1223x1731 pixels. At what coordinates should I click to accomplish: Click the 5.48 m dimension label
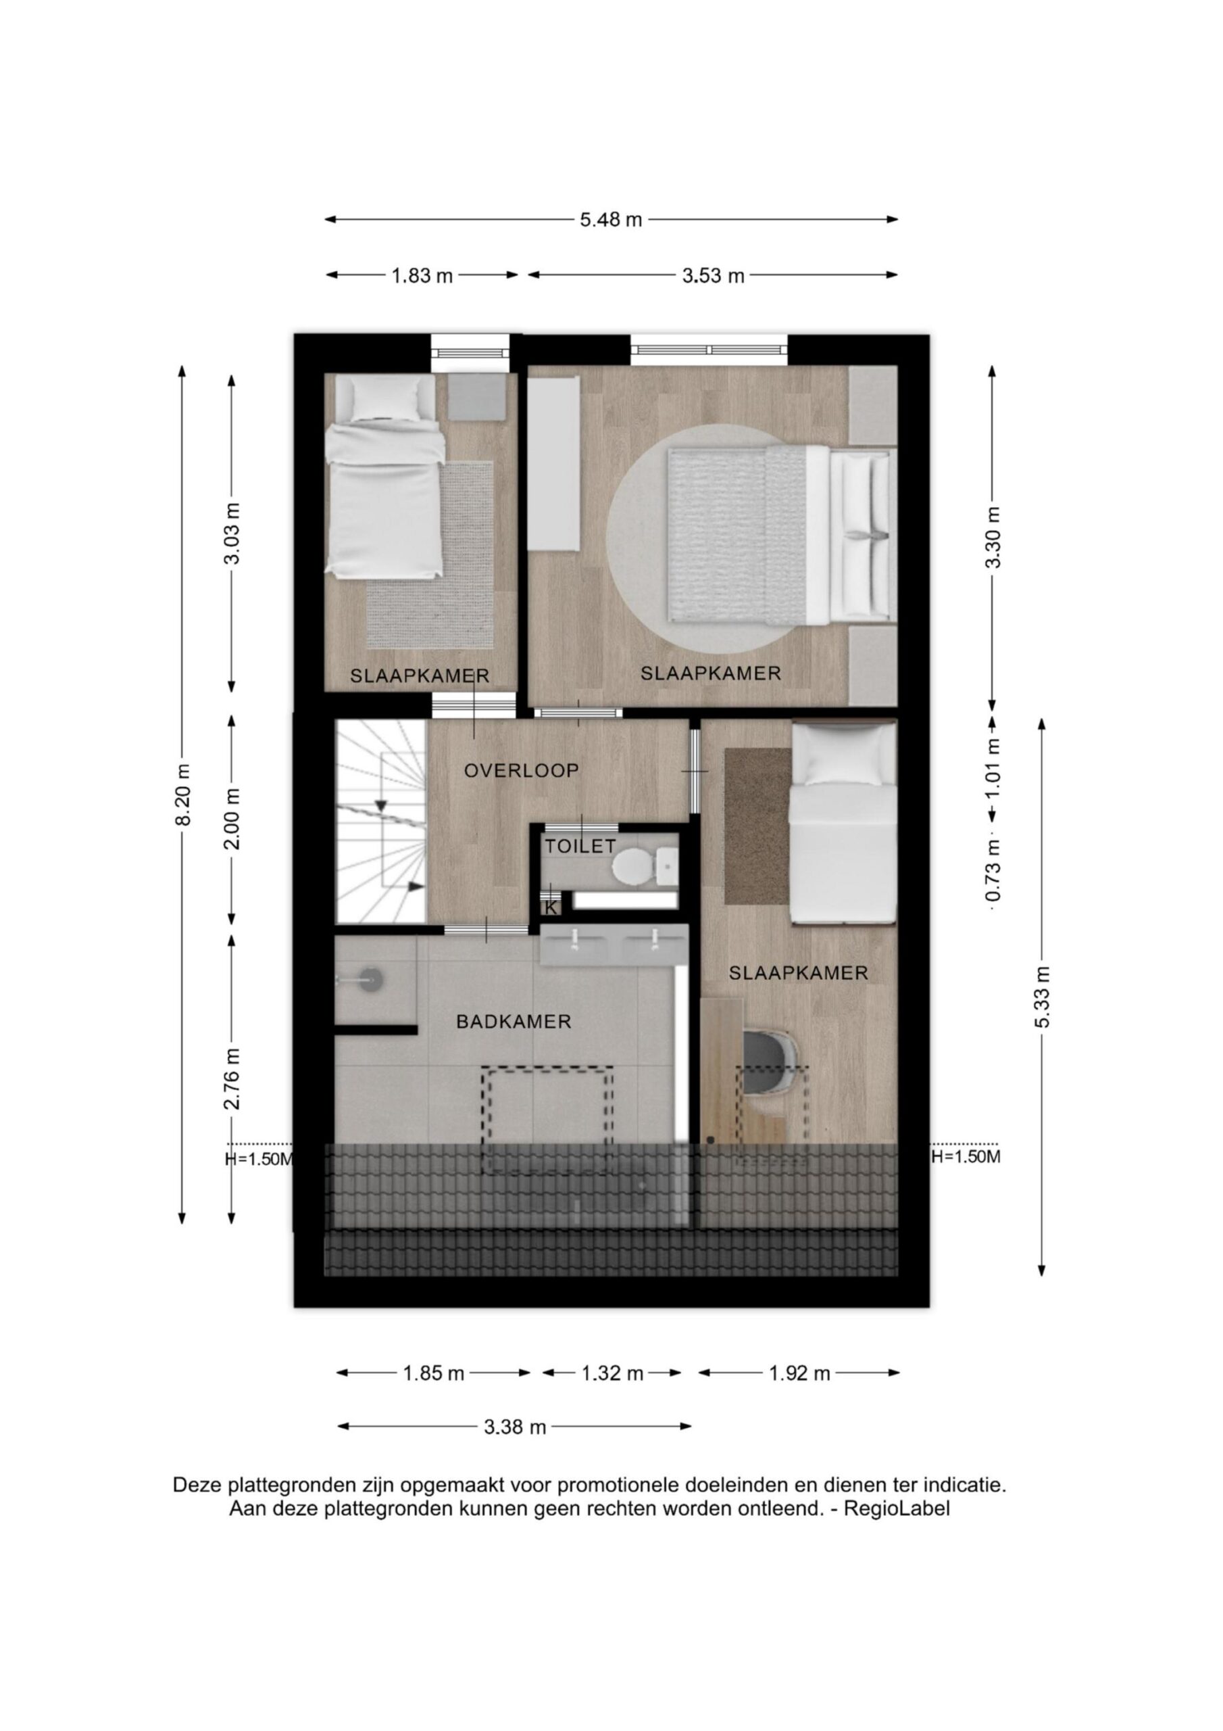610,220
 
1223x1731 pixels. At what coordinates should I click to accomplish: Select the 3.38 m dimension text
514,1427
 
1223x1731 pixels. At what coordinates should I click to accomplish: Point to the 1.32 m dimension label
612,1373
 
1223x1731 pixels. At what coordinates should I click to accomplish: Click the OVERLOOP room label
522,771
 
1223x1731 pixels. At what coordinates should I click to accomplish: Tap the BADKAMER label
514,1022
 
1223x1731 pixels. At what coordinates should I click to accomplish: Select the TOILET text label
580,847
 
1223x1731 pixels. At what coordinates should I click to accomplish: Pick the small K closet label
551,907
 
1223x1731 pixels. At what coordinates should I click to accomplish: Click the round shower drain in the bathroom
371,980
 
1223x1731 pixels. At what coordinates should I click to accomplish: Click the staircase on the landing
381,821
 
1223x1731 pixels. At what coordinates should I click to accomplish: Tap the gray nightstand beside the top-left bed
477,398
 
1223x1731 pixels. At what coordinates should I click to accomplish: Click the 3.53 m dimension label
713,276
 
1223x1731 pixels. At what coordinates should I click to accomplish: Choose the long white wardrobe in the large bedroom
554,465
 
